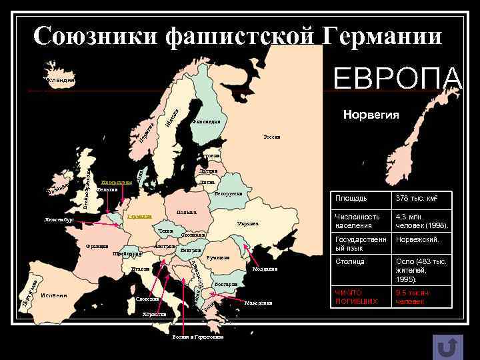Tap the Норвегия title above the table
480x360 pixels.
pyautogui.click(x=371, y=115)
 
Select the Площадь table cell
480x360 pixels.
pyautogui.click(x=351, y=198)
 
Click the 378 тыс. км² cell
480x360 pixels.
pyautogui.click(x=416, y=198)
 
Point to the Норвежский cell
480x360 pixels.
pyautogui.click(x=417, y=239)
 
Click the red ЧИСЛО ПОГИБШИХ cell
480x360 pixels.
pyautogui.click(x=349, y=297)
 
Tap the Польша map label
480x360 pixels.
pyautogui.click(x=187, y=213)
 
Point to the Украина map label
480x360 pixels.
pyautogui.click(x=247, y=223)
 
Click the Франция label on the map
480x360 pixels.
pyautogui.click(x=97, y=246)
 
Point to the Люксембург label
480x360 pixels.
pyautogui.click(x=59, y=219)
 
